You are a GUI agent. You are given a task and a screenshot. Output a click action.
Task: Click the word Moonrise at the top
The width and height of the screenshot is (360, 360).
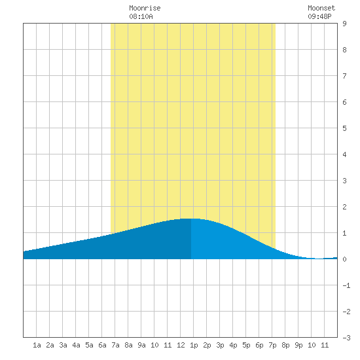click(145, 8)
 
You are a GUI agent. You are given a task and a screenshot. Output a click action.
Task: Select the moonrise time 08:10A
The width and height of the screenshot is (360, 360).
click(141, 16)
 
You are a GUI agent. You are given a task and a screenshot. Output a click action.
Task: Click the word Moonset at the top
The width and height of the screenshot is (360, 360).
click(321, 8)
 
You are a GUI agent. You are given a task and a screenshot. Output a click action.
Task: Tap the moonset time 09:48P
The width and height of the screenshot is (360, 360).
click(319, 16)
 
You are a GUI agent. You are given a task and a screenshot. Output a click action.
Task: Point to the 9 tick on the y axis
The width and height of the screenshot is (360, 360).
click(344, 24)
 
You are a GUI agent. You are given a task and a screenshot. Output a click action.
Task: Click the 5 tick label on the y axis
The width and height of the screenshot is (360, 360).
click(344, 128)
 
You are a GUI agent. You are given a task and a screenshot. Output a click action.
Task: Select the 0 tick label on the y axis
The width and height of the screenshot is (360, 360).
click(344, 259)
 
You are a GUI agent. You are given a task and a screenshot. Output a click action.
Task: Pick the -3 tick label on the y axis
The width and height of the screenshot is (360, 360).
click(346, 338)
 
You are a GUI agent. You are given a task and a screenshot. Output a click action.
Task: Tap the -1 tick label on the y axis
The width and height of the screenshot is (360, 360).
click(346, 285)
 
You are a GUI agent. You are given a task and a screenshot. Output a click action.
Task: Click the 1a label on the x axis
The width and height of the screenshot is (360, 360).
click(37, 345)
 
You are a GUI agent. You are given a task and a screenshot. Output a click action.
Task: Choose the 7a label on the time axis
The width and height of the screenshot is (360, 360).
click(115, 345)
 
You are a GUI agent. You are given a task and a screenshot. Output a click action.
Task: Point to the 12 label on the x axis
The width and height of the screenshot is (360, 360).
click(181, 345)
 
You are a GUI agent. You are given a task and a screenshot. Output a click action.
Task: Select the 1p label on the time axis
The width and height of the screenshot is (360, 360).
click(194, 345)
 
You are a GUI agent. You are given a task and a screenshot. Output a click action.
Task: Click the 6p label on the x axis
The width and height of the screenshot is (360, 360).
click(259, 345)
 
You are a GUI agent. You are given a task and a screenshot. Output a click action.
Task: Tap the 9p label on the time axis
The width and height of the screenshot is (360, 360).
click(298, 345)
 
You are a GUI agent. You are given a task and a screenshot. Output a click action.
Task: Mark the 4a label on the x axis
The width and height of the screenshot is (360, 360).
click(76, 345)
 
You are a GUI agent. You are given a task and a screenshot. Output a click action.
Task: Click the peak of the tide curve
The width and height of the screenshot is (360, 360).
click(190, 219)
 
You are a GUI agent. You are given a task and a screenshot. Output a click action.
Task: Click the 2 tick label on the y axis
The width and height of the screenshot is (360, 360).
click(344, 207)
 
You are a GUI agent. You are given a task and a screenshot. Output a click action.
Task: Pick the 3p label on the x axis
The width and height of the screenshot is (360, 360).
click(220, 345)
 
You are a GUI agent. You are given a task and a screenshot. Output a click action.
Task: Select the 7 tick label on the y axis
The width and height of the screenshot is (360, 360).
click(344, 76)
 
